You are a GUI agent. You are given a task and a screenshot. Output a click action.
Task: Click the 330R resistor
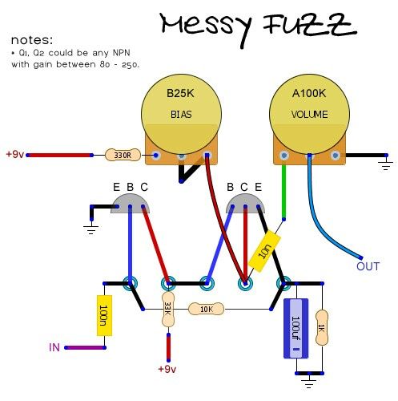click(x=123, y=155)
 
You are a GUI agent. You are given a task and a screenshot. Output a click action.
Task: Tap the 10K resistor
click(x=206, y=310)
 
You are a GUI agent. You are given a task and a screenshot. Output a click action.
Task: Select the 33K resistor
click(x=168, y=310)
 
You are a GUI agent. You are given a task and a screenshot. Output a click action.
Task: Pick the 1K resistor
click(x=322, y=328)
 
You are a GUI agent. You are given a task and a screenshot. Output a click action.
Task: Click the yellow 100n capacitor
click(x=104, y=315)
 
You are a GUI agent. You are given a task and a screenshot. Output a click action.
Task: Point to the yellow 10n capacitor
click(x=264, y=251)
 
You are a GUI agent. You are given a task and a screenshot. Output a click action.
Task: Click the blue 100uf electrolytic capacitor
click(x=295, y=328)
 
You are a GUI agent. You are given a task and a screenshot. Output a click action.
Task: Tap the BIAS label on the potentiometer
click(x=181, y=115)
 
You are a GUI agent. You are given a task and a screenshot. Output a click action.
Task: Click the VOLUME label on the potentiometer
click(x=309, y=115)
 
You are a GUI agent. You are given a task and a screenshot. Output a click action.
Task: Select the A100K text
click(x=309, y=93)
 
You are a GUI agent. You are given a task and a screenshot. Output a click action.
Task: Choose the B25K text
click(x=180, y=93)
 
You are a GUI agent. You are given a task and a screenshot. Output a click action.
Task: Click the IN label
click(x=54, y=347)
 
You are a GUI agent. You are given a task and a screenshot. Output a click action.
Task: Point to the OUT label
click(x=368, y=266)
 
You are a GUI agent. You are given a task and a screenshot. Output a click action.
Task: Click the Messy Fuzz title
click(x=259, y=29)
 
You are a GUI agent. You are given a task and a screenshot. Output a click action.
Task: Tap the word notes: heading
click(x=32, y=40)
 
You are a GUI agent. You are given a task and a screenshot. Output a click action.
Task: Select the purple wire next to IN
click(x=86, y=347)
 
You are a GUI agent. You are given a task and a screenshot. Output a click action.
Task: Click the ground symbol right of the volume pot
click(x=386, y=165)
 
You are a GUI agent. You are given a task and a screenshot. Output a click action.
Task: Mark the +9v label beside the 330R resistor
click(x=15, y=154)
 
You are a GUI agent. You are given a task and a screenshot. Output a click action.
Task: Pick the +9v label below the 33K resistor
click(x=167, y=369)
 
